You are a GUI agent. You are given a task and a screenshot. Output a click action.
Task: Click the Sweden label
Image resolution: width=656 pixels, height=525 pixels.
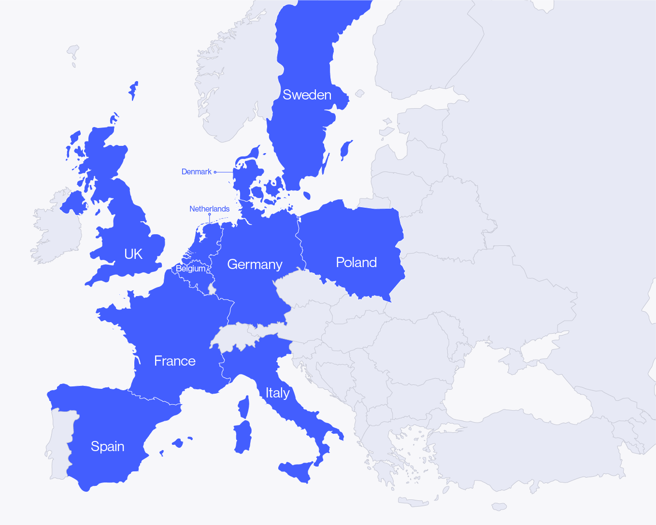(307, 95)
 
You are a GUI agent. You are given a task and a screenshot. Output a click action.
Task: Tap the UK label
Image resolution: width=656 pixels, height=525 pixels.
(133, 254)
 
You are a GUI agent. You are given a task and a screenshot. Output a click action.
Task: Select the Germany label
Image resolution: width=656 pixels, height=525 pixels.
(255, 265)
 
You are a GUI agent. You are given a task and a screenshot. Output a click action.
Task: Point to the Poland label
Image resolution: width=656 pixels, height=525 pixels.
(356, 262)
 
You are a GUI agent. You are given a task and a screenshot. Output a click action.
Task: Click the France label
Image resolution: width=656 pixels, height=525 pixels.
(174, 361)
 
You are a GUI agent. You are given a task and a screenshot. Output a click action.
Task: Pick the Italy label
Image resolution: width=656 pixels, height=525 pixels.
(277, 393)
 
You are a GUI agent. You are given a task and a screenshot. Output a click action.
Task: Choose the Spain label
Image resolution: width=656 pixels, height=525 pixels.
(107, 446)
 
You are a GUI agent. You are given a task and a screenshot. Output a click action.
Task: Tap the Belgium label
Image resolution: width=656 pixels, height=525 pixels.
(190, 269)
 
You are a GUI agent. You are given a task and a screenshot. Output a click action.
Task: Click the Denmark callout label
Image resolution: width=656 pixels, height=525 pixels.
(196, 172)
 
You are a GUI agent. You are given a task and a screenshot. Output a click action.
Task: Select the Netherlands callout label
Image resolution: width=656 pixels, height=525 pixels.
(209, 209)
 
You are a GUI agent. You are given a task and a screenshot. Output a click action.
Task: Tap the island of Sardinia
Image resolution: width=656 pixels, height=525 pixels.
(243, 437)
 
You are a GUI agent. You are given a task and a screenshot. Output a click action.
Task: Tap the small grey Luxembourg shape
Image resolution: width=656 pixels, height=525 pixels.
(211, 288)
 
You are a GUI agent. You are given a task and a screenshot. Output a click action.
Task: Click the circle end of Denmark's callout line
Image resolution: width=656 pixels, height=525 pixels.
(215, 172)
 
